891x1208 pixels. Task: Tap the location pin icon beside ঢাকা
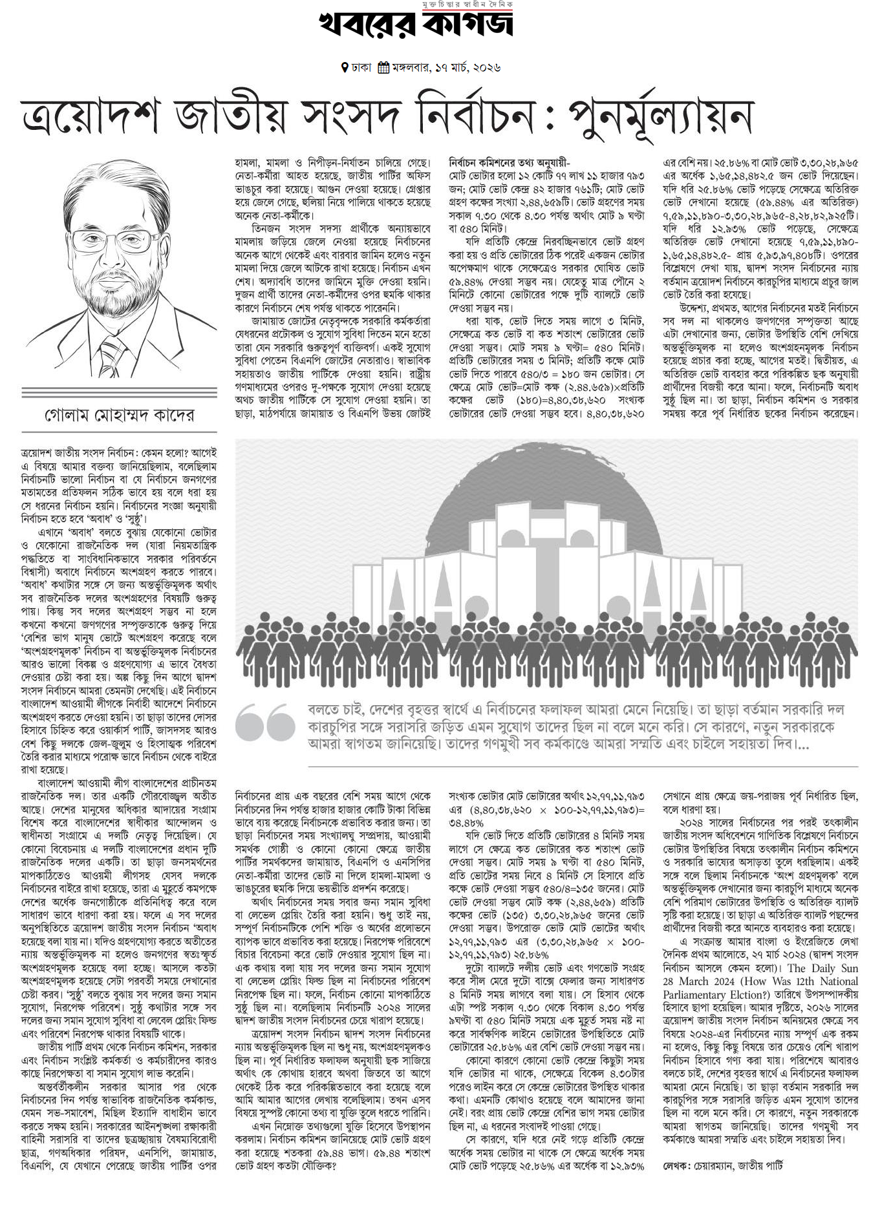(x=345, y=67)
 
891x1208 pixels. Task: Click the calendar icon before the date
(x=383, y=67)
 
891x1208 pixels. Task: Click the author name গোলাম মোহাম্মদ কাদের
(x=119, y=414)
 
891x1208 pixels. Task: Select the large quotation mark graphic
(x=265, y=722)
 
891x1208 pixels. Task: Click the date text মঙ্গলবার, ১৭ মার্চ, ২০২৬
(x=446, y=67)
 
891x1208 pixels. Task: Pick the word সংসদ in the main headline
(x=356, y=118)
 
